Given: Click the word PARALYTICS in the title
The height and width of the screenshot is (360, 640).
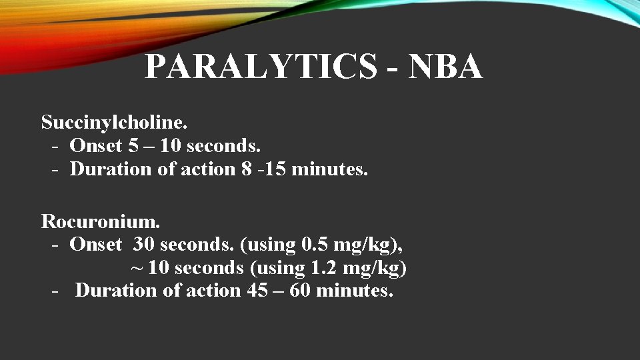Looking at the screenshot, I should coord(261,67).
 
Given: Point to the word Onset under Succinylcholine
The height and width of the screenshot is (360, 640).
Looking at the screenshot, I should coord(97,145).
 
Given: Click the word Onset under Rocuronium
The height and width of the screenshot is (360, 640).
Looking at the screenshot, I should coord(97,245).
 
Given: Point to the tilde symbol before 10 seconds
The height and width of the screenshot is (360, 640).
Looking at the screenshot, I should coord(136,269).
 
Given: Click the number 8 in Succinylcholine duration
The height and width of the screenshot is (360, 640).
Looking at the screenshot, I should coord(248,169).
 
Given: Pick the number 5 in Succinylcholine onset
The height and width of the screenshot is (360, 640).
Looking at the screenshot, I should coord(133,145).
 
